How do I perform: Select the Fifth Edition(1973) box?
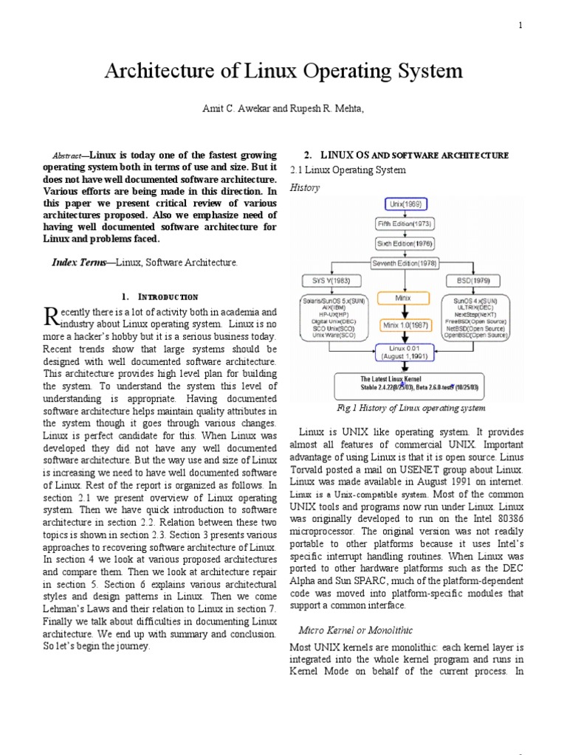tap(405, 223)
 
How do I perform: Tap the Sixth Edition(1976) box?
tap(405, 242)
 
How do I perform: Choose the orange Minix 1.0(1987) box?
tap(404, 324)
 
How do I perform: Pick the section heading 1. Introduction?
tap(159, 296)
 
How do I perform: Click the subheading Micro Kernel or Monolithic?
tap(354, 631)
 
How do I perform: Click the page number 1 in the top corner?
tap(520, 25)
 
